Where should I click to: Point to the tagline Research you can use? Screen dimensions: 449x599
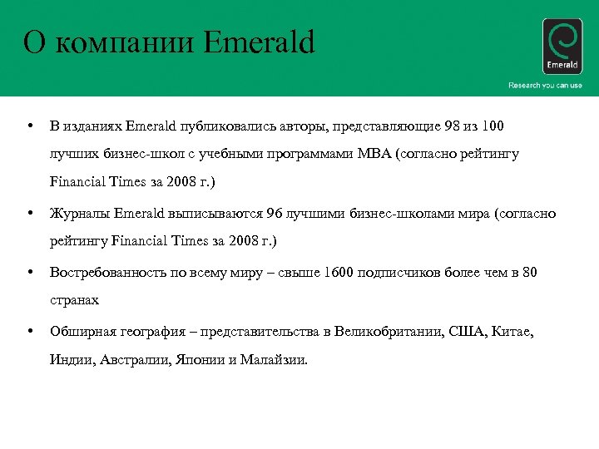(x=545, y=86)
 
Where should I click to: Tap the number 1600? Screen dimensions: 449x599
(x=339, y=272)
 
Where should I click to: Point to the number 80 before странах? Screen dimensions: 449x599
(x=529, y=272)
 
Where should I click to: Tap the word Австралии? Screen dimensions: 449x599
(x=137, y=360)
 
